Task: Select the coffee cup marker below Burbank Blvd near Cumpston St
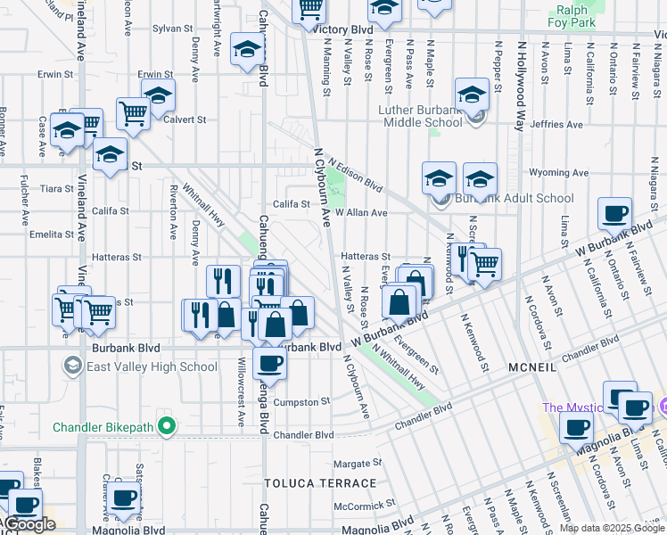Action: coord(269,363)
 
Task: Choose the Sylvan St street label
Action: coord(167,29)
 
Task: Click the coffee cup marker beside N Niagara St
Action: coord(614,214)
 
